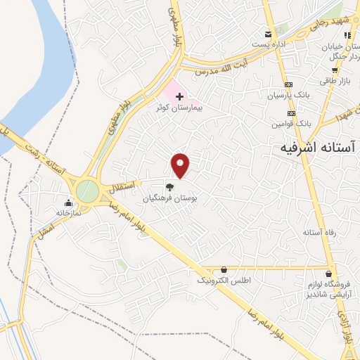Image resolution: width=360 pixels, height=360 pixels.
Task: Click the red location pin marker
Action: point(181,165)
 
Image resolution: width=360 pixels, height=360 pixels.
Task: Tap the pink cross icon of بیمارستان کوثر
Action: point(179,95)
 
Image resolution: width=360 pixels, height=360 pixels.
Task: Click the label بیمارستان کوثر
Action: point(180,108)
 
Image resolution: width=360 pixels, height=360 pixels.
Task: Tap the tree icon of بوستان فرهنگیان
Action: point(169,186)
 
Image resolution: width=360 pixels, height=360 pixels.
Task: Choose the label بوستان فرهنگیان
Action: point(169,199)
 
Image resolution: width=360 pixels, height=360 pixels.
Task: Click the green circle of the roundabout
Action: point(88,190)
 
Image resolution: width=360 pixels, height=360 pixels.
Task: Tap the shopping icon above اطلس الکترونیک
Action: point(224,269)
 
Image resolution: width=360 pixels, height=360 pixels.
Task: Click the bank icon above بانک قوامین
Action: point(291,113)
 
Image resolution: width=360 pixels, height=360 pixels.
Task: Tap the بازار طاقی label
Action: point(335,82)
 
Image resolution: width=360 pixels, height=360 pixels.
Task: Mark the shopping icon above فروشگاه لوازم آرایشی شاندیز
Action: point(328,274)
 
